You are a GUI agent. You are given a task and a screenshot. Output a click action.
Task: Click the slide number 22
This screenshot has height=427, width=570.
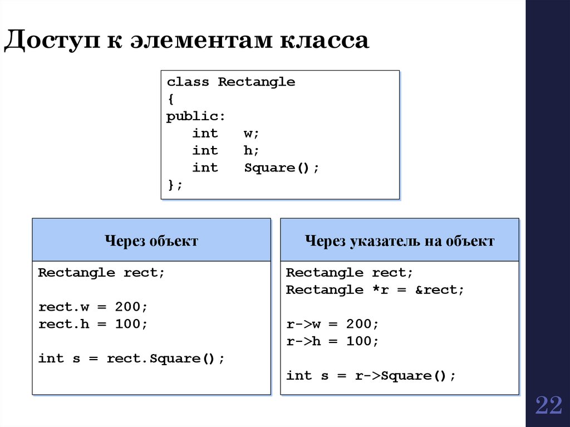tap(549, 406)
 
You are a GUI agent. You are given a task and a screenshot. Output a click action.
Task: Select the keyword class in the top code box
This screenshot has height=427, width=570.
tap(188, 82)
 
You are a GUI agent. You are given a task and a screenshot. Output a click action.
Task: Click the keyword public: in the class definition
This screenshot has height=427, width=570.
tap(196, 117)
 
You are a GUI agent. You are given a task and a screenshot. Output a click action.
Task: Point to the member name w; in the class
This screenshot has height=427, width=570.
tap(252, 134)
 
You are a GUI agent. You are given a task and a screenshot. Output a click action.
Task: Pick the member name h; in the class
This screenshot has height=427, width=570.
tap(252, 151)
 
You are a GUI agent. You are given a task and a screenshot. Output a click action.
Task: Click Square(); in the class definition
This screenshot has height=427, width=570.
tap(282, 168)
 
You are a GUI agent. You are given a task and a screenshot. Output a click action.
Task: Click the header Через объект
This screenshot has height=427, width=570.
tap(151, 241)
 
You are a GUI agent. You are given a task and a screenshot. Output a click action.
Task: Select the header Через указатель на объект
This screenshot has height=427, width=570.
tap(399, 241)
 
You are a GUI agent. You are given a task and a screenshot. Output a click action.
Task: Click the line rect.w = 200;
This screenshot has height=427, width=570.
tap(93, 307)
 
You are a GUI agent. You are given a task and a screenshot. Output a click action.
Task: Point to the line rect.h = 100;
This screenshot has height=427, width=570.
tap(93, 324)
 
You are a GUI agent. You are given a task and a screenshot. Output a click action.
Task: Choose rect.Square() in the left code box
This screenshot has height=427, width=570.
tap(165, 359)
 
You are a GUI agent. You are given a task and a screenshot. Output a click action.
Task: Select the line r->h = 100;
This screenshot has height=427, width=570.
tap(332, 341)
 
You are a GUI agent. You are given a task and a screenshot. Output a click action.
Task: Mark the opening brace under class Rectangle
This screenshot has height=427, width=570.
tap(170, 100)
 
